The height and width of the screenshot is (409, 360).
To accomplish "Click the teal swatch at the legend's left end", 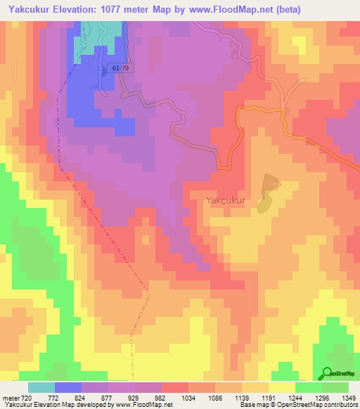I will [x=41, y=387].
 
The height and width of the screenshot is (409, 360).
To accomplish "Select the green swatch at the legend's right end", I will [x=335, y=387].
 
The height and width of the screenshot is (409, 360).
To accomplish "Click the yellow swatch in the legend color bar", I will [x=281, y=387].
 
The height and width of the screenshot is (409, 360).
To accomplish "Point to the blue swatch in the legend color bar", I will [x=68, y=387].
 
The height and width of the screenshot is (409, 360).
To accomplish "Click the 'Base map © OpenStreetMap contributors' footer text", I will [x=298, y=405].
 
